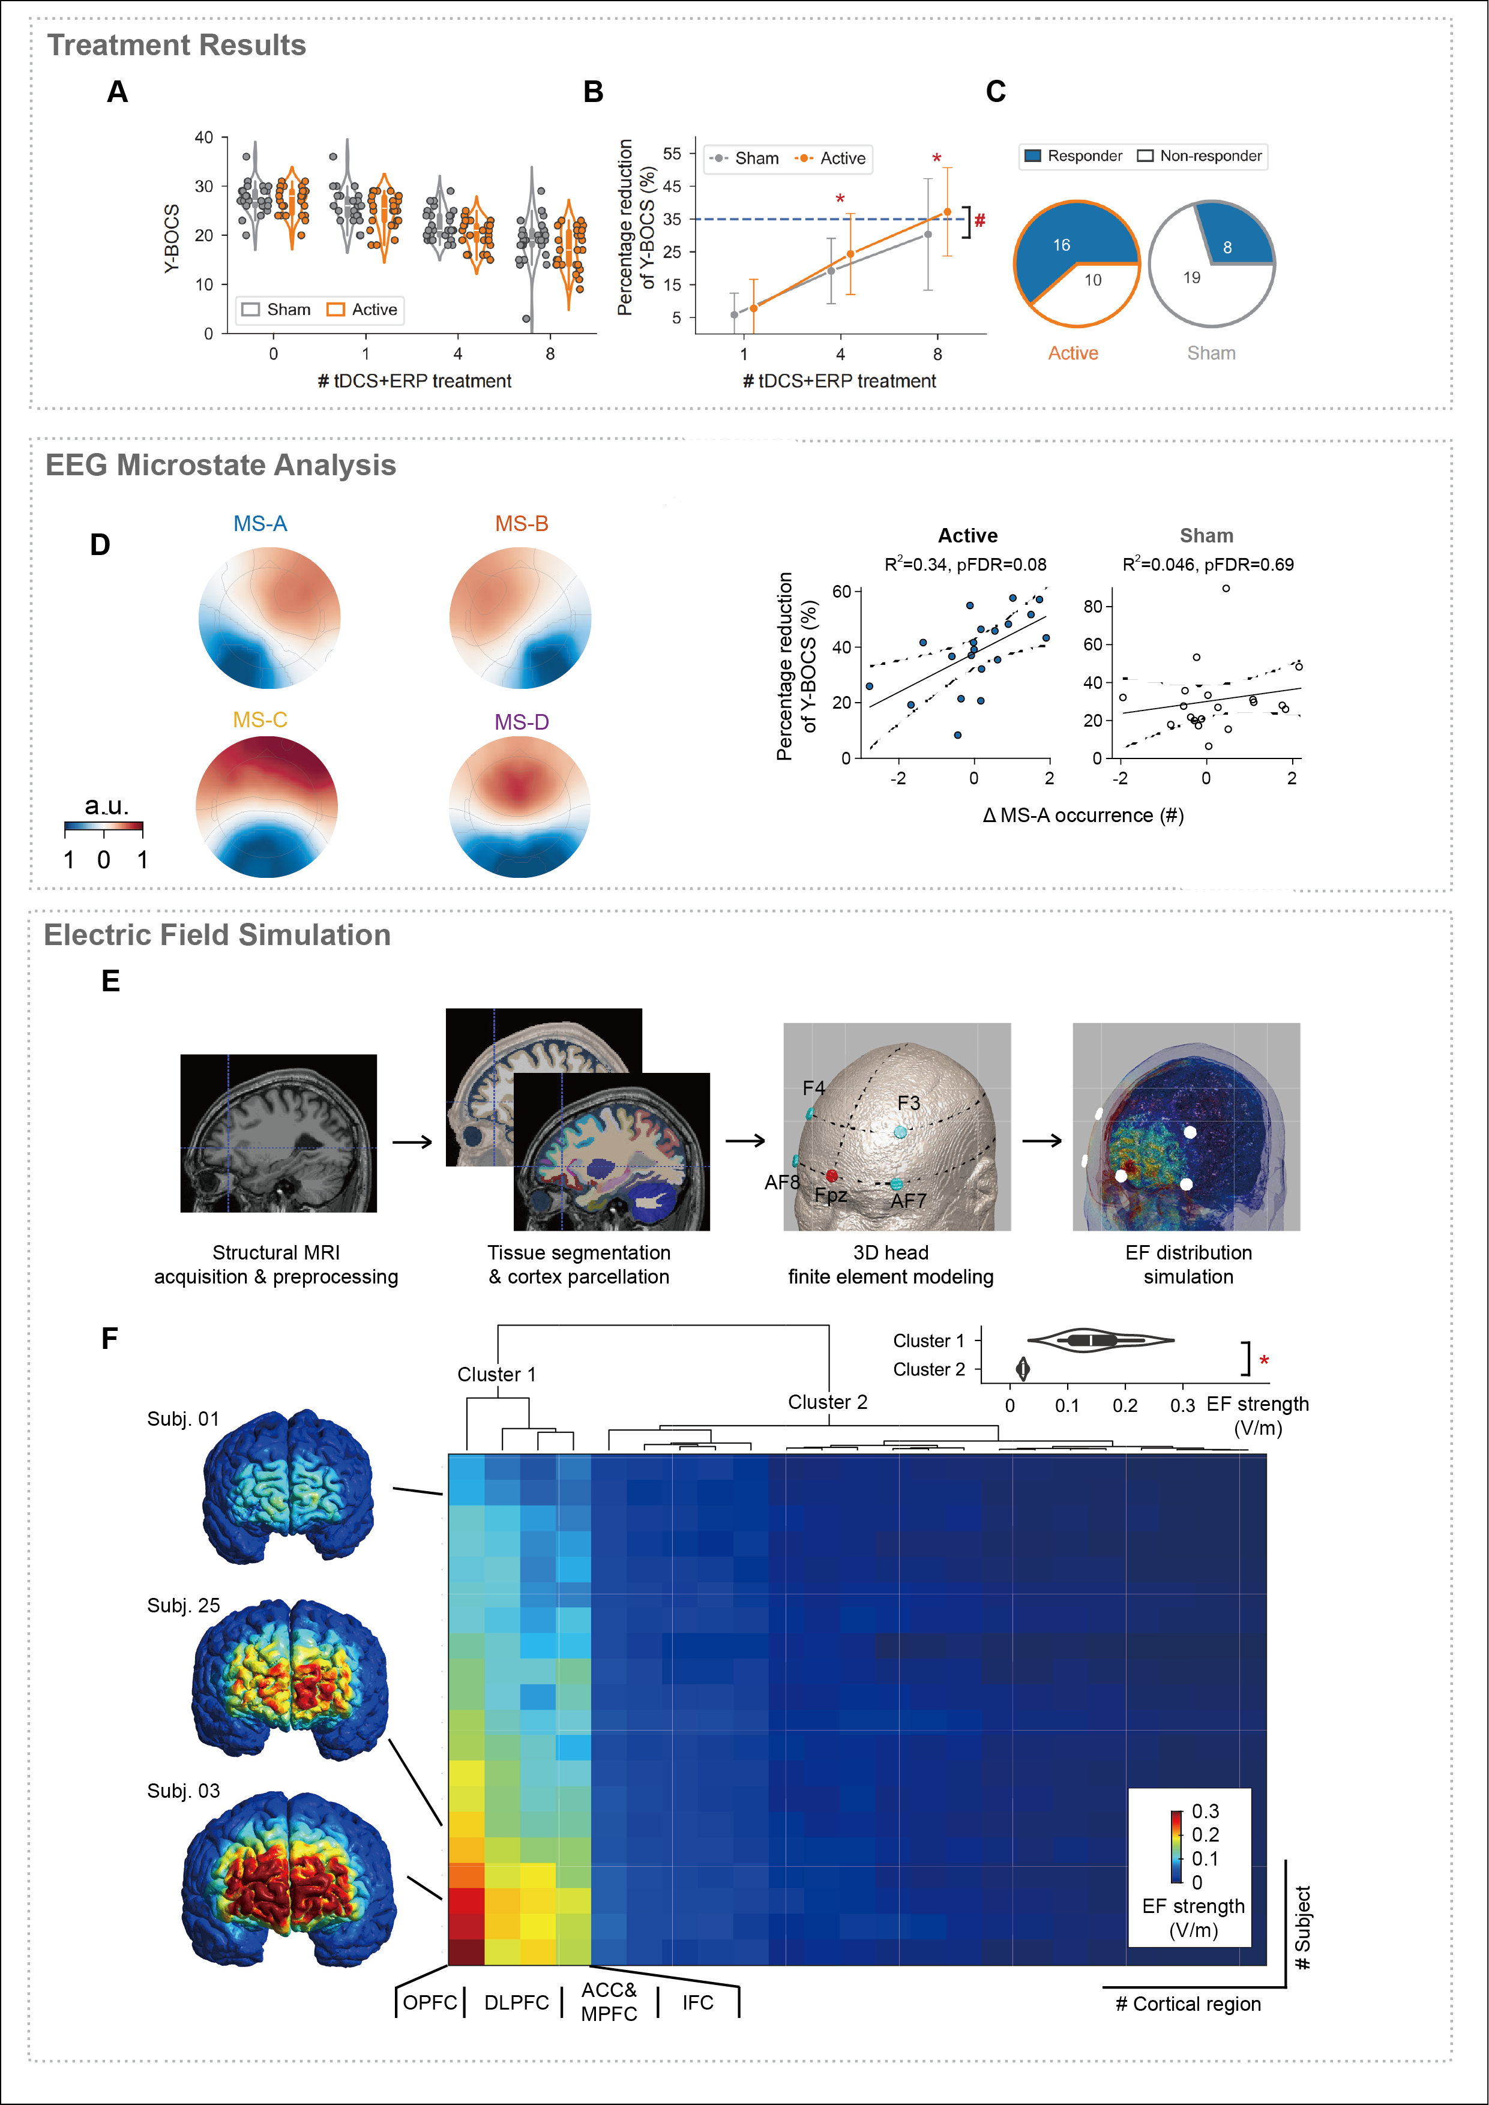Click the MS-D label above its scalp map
(522, 722)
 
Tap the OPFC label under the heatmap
(429, 2002)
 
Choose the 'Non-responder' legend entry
(1200, 156)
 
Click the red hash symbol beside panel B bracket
(980, 220)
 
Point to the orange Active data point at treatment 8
(947, 212)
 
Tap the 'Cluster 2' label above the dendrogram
(827, 1402)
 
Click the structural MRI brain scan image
(278, 1133)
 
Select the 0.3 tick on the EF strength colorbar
(1205, 1812)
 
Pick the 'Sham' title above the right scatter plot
(1206, 535)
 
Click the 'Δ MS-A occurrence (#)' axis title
(1083, 815)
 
